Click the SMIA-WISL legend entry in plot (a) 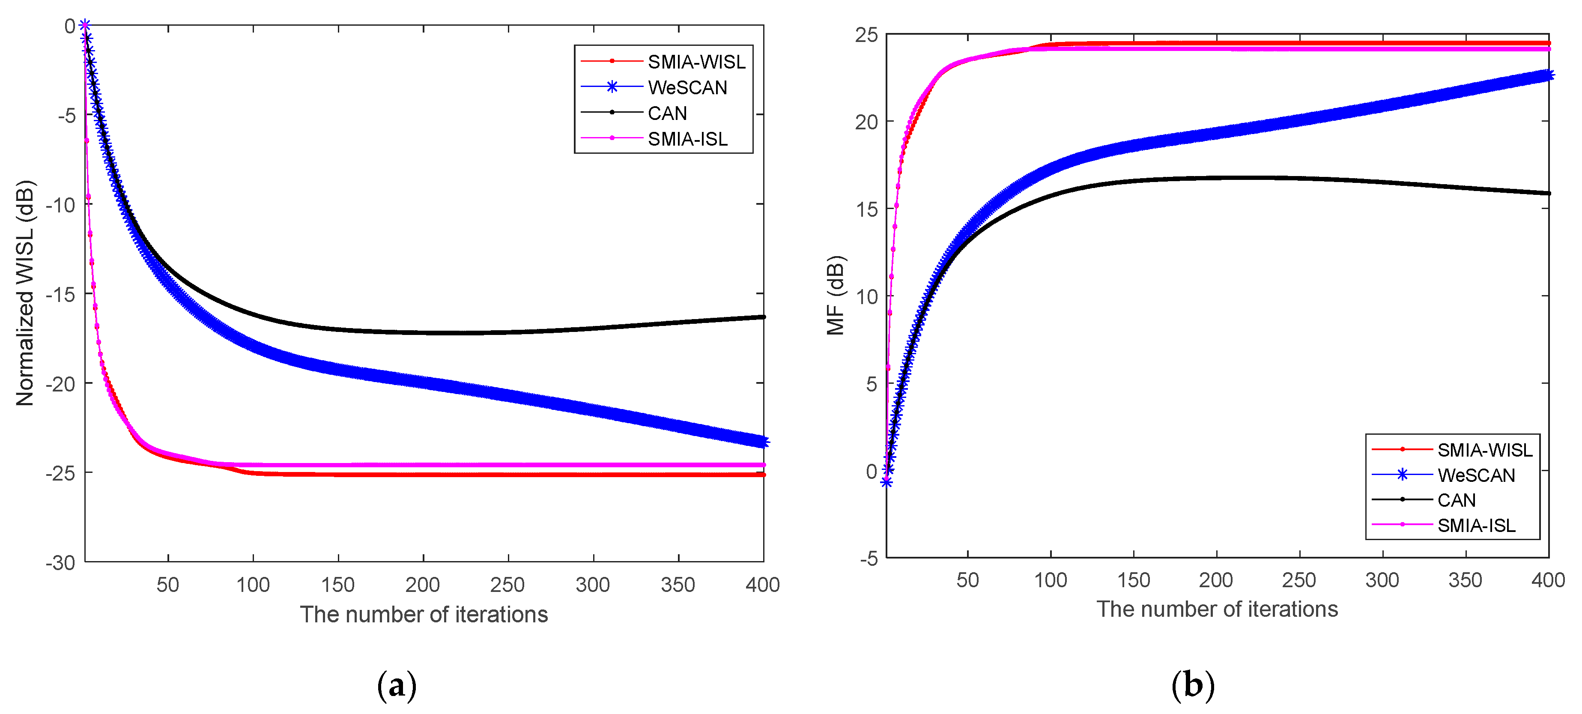click(696, 62)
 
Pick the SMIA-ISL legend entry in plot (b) click(1476, 526)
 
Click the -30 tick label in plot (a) click(60, 562)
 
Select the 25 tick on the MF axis click(866, 35)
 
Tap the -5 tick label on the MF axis click(869, 559)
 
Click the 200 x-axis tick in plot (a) click(423, 584)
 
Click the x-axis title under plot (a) click(424, 615)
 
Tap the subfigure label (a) click(396, 685)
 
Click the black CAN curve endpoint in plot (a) click(763, 317)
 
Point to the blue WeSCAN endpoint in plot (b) click(1548, 75)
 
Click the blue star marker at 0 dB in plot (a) click(85, 25)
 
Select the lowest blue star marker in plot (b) click(886, 482)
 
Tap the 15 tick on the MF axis click(866, 209)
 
